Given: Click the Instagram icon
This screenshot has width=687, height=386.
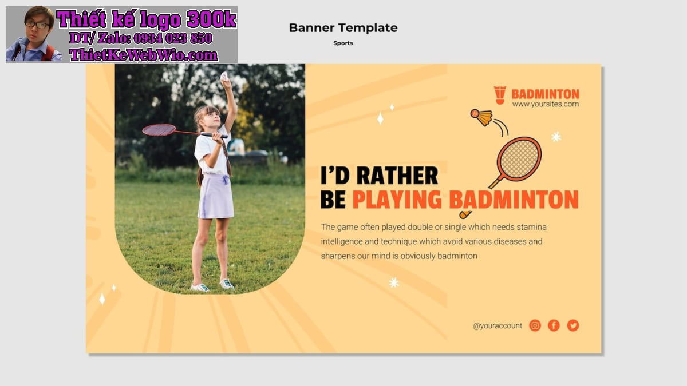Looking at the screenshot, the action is point(535,325).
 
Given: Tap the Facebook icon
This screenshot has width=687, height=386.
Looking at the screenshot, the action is point(554,325).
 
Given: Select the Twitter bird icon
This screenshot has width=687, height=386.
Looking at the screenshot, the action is point(573,325).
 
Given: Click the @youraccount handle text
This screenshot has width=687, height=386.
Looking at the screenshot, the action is point(498,325).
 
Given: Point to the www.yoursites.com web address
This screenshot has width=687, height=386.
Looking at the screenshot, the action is point(546,104).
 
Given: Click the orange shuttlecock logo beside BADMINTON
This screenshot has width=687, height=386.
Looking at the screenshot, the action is point(500,95).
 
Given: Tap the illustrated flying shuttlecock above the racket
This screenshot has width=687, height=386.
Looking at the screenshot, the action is point(482,117).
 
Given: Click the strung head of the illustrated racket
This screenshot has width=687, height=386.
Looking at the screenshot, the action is point(519,159).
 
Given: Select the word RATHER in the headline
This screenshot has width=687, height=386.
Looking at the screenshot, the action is point(397,176).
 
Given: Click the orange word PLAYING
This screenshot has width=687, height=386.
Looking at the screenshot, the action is point(397,200).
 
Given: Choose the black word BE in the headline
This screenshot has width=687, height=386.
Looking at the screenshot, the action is point(333,200).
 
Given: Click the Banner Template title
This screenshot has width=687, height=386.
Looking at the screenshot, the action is point(343,28).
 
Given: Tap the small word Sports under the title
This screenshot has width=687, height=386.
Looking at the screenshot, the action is point(343,43).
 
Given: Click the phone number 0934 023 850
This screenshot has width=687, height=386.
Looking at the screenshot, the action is point(173,39).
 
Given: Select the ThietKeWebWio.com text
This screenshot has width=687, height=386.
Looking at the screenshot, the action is point(144,55).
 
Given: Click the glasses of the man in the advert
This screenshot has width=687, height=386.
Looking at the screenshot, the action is point(38,25).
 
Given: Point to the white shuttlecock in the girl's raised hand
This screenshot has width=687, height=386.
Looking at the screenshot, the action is point(224,77).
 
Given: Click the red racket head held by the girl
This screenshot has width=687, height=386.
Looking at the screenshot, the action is point(159,130).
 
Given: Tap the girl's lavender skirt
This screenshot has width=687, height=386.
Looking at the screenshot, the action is point(216,196).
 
